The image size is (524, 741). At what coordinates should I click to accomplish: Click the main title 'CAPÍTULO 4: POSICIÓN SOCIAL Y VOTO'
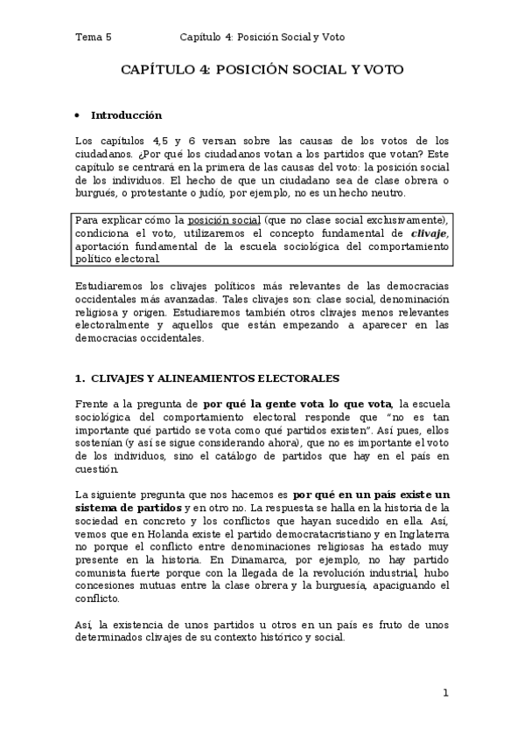[262, 71]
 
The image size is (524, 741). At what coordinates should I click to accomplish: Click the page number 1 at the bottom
[445, 693]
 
